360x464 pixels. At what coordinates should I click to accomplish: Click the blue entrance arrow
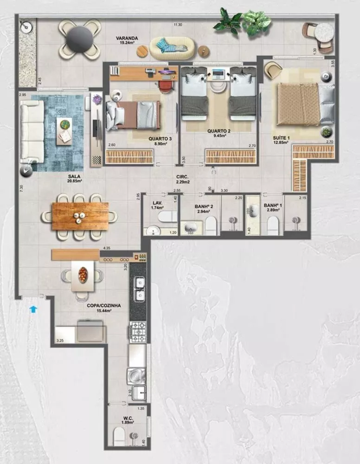(32, 308)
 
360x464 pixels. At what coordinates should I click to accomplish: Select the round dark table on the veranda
(79, 39)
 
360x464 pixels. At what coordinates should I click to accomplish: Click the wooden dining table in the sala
(80, 216)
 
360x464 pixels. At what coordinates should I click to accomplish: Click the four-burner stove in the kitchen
(138, 332)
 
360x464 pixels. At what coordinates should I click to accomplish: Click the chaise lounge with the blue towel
(171, 46)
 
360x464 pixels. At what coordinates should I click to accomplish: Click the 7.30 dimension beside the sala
(22, 188)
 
